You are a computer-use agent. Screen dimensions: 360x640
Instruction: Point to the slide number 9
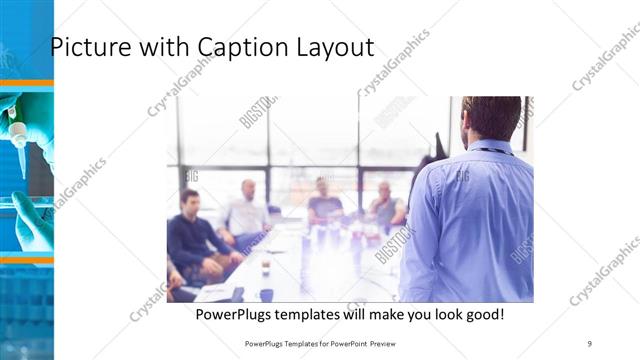(x=590, y=343)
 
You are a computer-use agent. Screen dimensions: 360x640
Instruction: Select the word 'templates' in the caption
(x=320, y=314)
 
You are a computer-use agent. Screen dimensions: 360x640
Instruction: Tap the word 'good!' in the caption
(x=485, y=314)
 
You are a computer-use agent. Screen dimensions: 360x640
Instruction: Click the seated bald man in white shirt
(x=247, y=212)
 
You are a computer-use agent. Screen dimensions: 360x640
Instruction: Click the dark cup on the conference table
(x=266, y=294)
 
